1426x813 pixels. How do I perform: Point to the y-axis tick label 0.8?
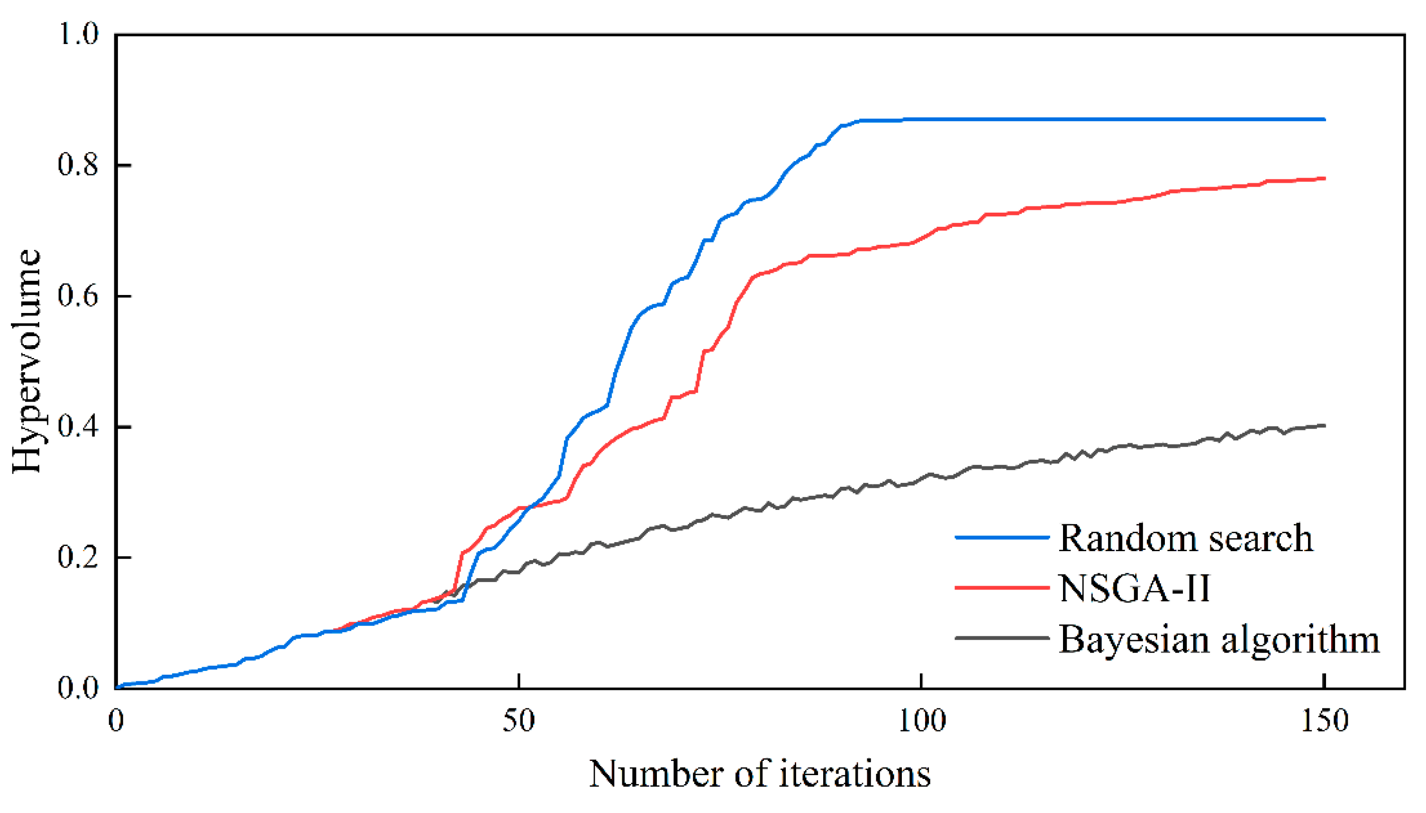point(78,165)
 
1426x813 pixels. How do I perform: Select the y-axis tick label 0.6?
point(78,295)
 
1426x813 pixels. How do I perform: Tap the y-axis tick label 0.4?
point(78,427)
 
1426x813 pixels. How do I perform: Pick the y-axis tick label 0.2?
point(78,557)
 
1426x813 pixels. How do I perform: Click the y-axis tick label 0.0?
point(78,688)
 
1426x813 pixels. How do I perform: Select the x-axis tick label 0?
point(116,721)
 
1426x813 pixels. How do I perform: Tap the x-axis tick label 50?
point(518,721)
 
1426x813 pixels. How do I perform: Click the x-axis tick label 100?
point(921,721)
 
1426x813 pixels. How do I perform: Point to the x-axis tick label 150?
point(1324,721)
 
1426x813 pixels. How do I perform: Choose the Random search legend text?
point(1185,538)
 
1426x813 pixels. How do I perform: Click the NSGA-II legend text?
point(1135,589)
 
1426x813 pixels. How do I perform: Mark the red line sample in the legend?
point(1002,588)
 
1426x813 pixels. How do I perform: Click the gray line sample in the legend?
point(1002,638)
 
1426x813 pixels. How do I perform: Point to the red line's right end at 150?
point(1323,179)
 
